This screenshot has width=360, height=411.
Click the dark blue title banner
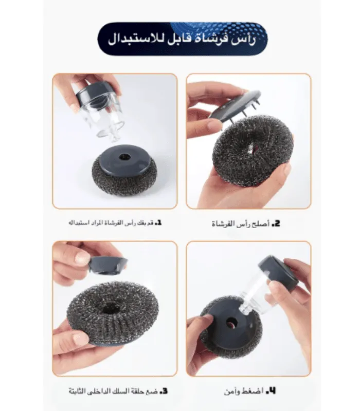[183, 39]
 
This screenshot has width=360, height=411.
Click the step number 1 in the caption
[158, 223]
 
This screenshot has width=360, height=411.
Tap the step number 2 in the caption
[276, 223]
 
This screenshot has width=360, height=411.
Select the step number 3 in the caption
[164, 391]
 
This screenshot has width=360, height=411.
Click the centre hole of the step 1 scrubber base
[125, 157]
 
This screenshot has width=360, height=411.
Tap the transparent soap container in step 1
[104, 115]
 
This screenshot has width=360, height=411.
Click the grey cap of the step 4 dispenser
[279, 273]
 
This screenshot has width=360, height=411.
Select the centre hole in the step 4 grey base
[231, 323]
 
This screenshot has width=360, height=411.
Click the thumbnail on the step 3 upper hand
[81, 258]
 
